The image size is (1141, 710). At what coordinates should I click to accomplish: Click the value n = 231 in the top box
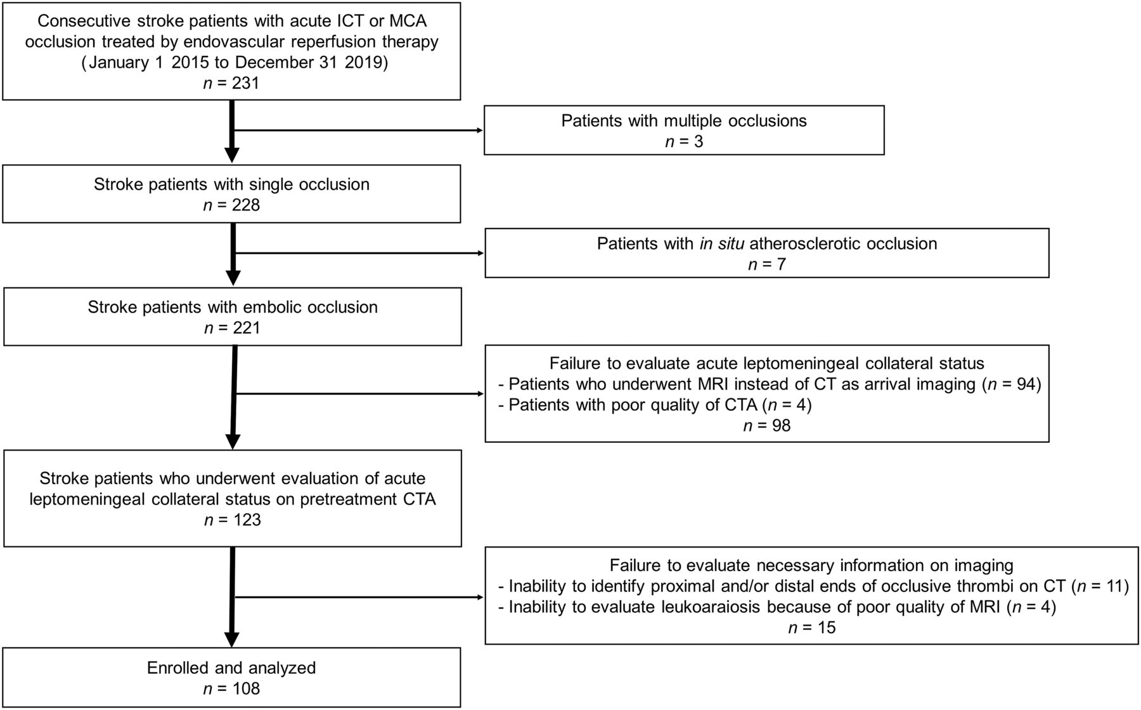[231, 83]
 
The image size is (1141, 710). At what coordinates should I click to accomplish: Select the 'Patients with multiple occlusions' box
[684, 130]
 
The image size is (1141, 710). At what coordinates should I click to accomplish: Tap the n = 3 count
[684, 141]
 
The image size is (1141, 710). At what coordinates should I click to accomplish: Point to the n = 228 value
[231, 206]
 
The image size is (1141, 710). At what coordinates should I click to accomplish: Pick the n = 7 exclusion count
[767, 264]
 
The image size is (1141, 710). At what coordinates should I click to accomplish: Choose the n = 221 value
[232, 328]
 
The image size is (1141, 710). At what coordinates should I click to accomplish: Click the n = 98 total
[767, 425]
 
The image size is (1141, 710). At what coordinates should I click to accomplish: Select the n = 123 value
[232, 520]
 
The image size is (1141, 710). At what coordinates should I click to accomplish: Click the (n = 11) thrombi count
[1100, 586]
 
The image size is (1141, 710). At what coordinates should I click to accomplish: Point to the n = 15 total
[812, 628]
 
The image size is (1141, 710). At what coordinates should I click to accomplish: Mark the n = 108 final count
[231, 688]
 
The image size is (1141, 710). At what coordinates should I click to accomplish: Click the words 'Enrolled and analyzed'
[231, 668]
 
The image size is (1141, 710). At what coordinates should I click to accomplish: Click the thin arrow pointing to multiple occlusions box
[358, 131]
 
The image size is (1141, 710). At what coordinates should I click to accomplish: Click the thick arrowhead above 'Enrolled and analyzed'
[233, 640]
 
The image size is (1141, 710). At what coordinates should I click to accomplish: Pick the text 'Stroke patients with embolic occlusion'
[233, 308]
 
